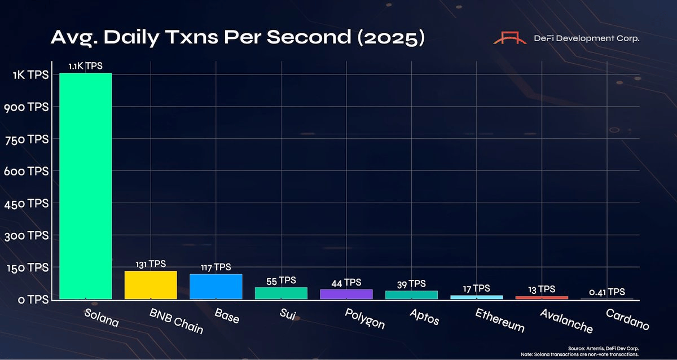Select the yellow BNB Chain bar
point(151,284)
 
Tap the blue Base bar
point(216,286)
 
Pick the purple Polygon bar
point(346,294)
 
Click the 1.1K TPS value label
point(85,66)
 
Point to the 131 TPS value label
point(151,264)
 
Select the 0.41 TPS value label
point(606,292)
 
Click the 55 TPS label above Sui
point(281,280)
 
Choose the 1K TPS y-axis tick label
point(30,74)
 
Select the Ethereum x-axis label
point(499,320)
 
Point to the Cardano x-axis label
point(627,319)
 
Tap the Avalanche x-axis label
point(565,321)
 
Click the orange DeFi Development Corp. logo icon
point(509,38)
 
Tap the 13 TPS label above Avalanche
point(541,289)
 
